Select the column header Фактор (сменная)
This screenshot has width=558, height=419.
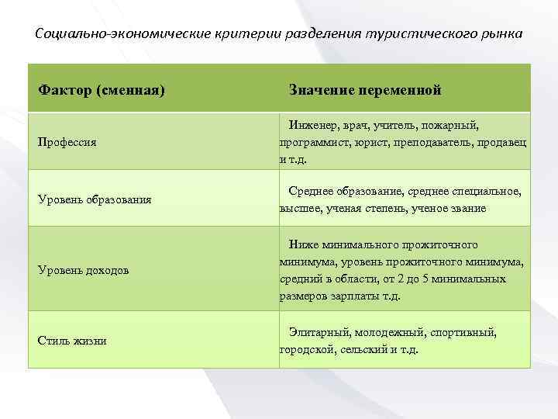coord(102,90)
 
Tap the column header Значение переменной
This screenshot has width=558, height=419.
coord(365,90)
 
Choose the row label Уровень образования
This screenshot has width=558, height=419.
coord(95,199)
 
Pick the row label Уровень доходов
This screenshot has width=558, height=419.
coord(84,270)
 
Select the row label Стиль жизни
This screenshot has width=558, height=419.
coord(73,341)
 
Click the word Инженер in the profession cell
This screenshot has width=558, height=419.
coord(311,125)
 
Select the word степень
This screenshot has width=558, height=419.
coord(383,208)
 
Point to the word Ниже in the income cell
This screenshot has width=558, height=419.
coord(303,244)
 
